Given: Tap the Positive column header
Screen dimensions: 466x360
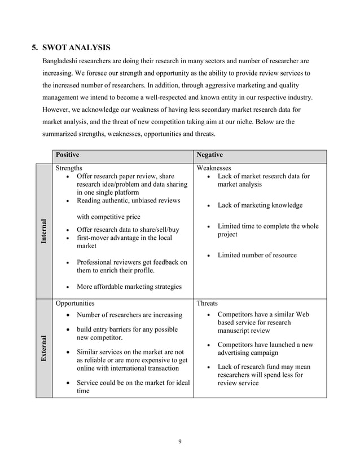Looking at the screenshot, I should [67, 155].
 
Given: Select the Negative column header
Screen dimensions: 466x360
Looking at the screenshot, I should [209, 155].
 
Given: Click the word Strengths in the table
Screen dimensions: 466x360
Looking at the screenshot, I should [69, 168].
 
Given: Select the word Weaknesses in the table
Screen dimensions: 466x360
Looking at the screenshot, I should [213, 168].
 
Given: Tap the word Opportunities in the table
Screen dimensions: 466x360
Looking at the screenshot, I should [75, 303].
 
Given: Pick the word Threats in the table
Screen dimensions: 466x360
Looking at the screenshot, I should [207, 303].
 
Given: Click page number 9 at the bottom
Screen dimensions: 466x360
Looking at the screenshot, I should [179, 441].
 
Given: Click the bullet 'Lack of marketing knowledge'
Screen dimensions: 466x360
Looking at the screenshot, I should [260, 205].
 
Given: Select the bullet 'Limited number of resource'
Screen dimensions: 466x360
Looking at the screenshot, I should [257, 255].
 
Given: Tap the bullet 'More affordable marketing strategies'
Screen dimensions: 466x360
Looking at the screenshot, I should [129, 287].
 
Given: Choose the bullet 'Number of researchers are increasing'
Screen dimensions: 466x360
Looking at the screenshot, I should [129, 314].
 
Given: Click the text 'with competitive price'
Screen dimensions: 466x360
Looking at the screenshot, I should [108, 217].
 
